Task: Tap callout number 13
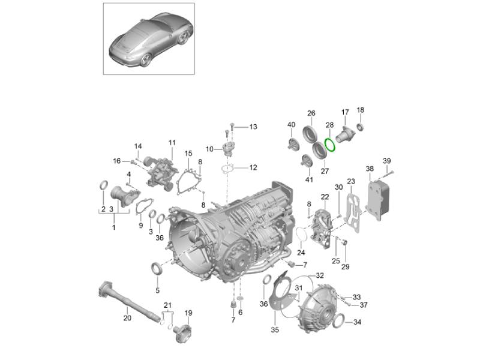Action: pos(253,127)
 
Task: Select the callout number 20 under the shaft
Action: pos(127,318)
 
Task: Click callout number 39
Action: pos(387,161)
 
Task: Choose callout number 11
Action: pos(172,143)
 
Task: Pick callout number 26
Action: pos(311,113)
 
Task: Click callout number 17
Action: pos(345,112)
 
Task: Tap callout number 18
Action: pos(361,110)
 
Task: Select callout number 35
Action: pos(275,329)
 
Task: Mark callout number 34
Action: pos(357,322)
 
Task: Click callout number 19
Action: pos(188,313)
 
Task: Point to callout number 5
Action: pos(158,290)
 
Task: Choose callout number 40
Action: pos(292,125)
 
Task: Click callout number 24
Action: pos(301,253)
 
